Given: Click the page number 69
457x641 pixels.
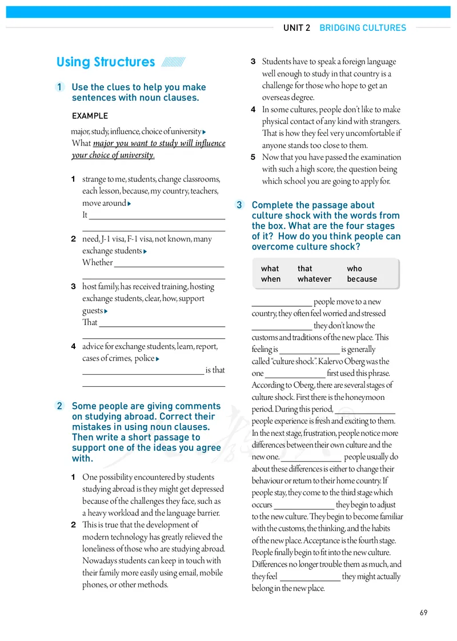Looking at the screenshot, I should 423,613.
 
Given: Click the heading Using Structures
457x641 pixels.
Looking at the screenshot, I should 106,62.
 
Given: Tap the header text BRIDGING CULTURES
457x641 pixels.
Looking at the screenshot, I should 363,27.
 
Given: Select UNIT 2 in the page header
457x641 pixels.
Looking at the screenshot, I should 296,27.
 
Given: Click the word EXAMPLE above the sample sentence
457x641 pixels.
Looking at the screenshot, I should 90,116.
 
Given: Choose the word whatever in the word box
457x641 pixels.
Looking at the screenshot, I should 314,279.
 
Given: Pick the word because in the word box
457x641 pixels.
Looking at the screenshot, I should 362,279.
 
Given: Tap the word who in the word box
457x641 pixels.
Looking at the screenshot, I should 354,269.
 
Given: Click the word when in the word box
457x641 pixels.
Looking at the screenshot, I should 271,279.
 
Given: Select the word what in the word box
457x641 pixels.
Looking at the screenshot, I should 270,269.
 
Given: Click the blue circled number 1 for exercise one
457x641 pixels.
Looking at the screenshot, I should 60,87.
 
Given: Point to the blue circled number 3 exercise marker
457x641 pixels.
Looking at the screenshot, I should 240,205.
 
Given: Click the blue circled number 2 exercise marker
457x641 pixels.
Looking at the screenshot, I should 60,406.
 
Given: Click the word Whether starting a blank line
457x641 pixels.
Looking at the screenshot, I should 97,263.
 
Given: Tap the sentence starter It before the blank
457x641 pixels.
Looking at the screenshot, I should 85,215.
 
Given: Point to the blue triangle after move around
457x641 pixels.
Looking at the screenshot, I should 130,204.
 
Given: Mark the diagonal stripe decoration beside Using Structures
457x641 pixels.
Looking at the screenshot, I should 173,62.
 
